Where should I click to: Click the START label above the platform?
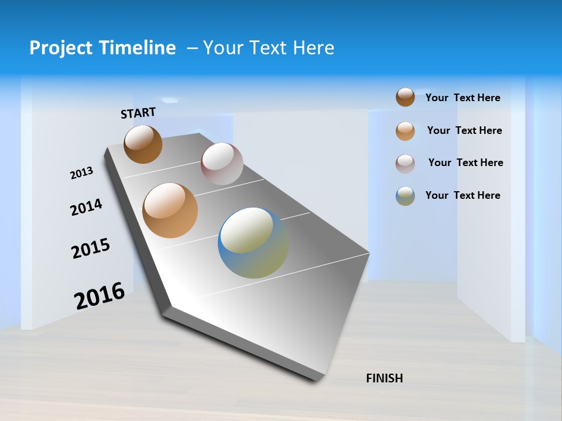138,113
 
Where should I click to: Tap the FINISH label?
384,378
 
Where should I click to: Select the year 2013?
81,173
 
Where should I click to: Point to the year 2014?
86,208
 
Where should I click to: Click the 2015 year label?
90,249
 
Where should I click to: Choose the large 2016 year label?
100,296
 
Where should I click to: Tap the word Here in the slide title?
313,48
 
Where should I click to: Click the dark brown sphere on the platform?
143,144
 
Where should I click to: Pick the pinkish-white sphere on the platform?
222,164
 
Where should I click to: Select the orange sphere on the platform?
170,210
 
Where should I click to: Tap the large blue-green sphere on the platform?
253,243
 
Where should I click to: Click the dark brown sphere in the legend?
405,97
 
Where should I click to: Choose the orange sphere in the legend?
405,131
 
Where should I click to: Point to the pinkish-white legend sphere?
405,164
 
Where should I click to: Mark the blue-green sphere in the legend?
405,196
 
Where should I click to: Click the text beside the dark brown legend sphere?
462,98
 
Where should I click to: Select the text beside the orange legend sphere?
464,130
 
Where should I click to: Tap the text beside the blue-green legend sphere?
462,195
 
